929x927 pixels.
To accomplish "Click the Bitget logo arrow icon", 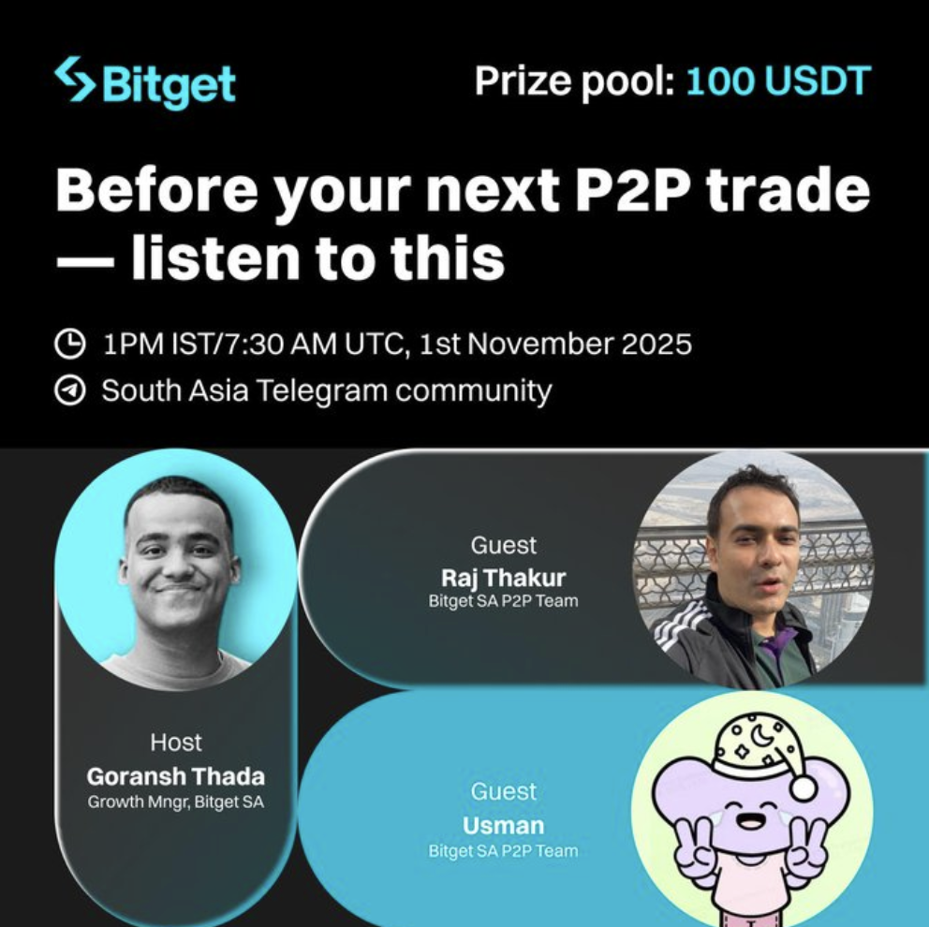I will click(74, 80).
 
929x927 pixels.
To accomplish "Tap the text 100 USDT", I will click(778, 81).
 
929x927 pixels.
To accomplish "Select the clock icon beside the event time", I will click(69, 344).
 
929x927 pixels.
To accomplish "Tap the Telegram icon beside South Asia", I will click(69, 390).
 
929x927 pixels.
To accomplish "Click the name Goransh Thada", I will click(175, 775).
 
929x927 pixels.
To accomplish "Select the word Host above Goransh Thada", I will click(175, 743).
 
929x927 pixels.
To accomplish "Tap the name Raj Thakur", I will click(503, 578).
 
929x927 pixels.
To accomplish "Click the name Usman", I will click(503, 826).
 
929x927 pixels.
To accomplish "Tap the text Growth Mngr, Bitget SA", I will click(175, 802).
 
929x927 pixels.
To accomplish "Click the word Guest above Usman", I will click(503, 792).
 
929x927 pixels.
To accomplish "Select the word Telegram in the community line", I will click(323, 390).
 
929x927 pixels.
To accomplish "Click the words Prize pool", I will click(574, 81).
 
